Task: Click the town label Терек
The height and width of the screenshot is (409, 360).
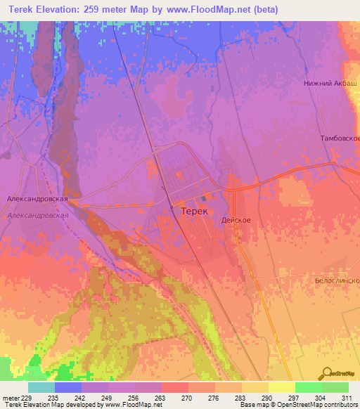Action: pos(194,210)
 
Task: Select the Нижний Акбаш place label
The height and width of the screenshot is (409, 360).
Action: pos(328,83)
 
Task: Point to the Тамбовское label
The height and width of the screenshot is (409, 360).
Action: pos(340,138)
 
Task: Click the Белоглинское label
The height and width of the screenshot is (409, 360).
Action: pos(337,279)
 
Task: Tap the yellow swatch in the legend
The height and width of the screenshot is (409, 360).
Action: pos(282,387)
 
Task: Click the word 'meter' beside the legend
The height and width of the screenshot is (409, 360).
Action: pos(10,397)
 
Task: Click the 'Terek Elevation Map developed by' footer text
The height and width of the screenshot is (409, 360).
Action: pos(49,405)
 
